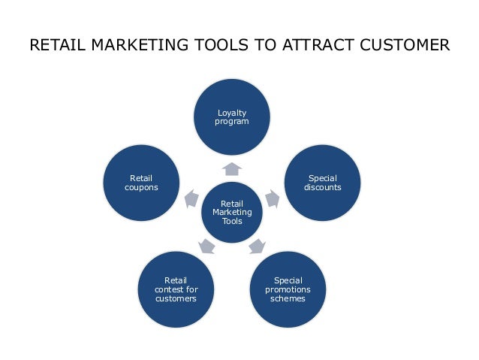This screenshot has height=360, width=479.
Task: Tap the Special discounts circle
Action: (323, 183)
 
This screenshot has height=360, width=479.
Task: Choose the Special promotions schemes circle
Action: (288, 289)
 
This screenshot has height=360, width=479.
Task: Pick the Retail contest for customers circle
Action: (176, 289)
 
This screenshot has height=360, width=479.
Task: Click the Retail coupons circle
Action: (141, 183)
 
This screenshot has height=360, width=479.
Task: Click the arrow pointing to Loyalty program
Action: (232, 168)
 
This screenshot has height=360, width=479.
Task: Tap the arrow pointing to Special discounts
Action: (273, 198)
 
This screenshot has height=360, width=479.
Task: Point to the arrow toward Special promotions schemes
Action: (258, 245)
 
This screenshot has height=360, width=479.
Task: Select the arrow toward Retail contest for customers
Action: (206, 245)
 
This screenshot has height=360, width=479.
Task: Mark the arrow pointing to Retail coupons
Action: (191, 198)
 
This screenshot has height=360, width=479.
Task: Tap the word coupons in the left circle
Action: (141, 187)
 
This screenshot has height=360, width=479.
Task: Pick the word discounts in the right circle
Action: (323, 187)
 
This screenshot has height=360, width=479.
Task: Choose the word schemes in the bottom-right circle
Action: (288, 298)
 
